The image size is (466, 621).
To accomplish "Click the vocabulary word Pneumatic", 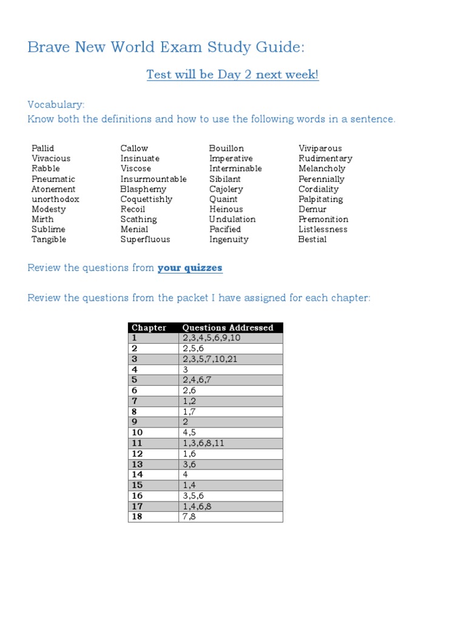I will [53, 179].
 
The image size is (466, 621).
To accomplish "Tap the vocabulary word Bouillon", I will [226, 149].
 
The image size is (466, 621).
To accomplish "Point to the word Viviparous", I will [320, 149].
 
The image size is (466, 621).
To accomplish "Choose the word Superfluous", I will [145, 240].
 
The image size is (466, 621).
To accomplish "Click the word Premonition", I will [323, 220].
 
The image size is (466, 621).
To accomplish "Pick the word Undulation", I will [232, 220].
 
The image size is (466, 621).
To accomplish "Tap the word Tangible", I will [49, 240].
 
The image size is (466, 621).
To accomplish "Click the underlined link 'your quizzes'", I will [190, 268].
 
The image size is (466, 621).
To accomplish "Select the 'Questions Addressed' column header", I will [228, 327].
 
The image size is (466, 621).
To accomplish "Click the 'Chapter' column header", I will [149, 327].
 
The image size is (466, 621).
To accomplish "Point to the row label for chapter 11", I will [138, 443].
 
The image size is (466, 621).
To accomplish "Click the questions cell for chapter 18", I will [189, 517].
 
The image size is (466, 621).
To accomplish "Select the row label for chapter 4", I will [135, 369].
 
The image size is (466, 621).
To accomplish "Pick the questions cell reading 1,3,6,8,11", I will [203, 443].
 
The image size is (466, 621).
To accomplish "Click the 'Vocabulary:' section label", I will [56, 105].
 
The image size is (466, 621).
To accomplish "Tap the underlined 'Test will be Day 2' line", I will [232, 75].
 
